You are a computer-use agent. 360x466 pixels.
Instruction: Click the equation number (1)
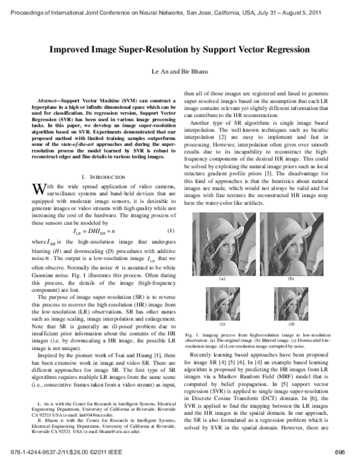(170, 214)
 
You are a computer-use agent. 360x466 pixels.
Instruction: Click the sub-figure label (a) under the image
(222, 279)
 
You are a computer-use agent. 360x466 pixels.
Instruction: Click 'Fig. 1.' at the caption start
(192, 334)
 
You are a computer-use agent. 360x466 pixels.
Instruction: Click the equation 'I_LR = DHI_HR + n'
(98, 214)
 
